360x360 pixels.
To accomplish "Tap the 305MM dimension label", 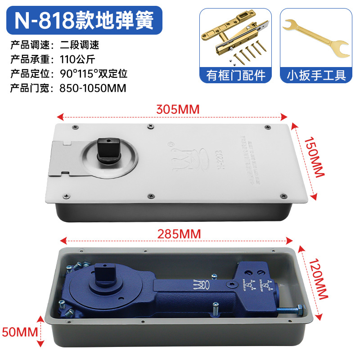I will tap(177, 109).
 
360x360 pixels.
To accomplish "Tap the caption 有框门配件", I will tap(236, 75).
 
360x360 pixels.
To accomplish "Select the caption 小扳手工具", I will tap(316, 75).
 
